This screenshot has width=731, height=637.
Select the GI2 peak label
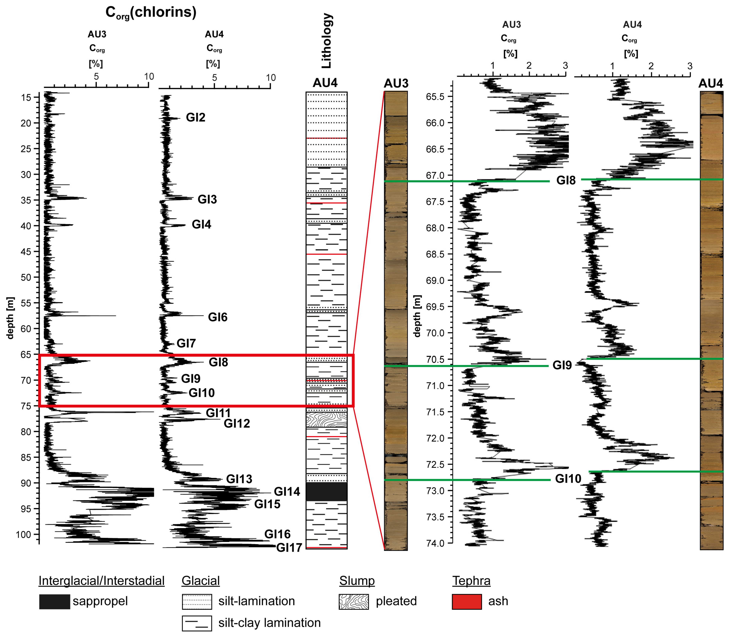coord(196,117)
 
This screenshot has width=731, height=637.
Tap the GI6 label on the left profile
coord(218,317)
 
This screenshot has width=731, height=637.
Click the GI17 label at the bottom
coord(289,548)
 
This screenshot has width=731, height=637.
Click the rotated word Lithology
coord(326,41)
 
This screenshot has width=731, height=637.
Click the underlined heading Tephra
coord(471,581)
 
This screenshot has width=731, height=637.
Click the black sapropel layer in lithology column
coord(326,492)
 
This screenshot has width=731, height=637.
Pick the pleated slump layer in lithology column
coord(326,419)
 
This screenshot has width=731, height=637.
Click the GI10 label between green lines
coord(568,479)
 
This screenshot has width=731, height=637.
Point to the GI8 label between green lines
coord(566,181)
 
